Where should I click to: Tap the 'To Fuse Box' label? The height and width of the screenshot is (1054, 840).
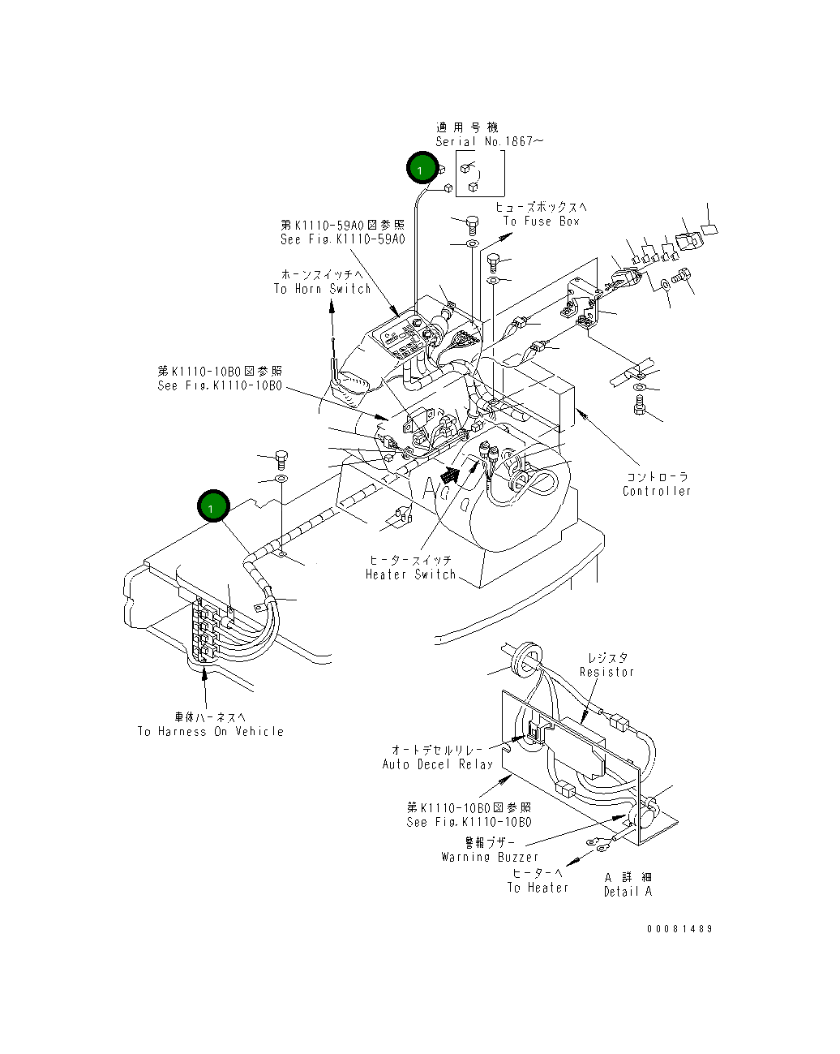pyautogui.click(x=541, y=222)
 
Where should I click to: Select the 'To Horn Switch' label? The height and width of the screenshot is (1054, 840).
pyautogui.click(x=322, y=289)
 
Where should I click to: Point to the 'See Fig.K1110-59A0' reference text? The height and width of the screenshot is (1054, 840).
pyautogui.click(x=342, y=239)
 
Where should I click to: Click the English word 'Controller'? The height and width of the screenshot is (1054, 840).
pyautogui.click(x=657, y=491)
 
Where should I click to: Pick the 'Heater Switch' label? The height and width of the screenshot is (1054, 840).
pyautogui.click(x=410, y=574)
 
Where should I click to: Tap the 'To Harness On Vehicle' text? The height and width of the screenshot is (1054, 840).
pyautogui.click(x=211, y=731)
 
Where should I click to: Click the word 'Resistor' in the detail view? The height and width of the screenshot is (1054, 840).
pyautogui.click(x=606, y=672)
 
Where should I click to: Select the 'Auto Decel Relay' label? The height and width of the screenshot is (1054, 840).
pyautogui.click(x=438, y=764)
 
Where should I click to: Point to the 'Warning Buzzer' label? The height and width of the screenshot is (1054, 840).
pyautogui.click(x=490, y=857)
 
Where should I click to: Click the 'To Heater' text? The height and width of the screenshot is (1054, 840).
pyautogui.click(x=538, y=888)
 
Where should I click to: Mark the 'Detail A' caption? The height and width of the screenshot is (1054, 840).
pyautogui.click(x=628, y=891)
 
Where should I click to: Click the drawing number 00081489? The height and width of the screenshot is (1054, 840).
pyautogui.click(x=679, y=928)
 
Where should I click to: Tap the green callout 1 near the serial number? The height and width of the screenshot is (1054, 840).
pyautogui.click(x=422, y=169)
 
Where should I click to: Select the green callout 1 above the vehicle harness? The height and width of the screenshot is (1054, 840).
pyautogui.click(x=213, y=507)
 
